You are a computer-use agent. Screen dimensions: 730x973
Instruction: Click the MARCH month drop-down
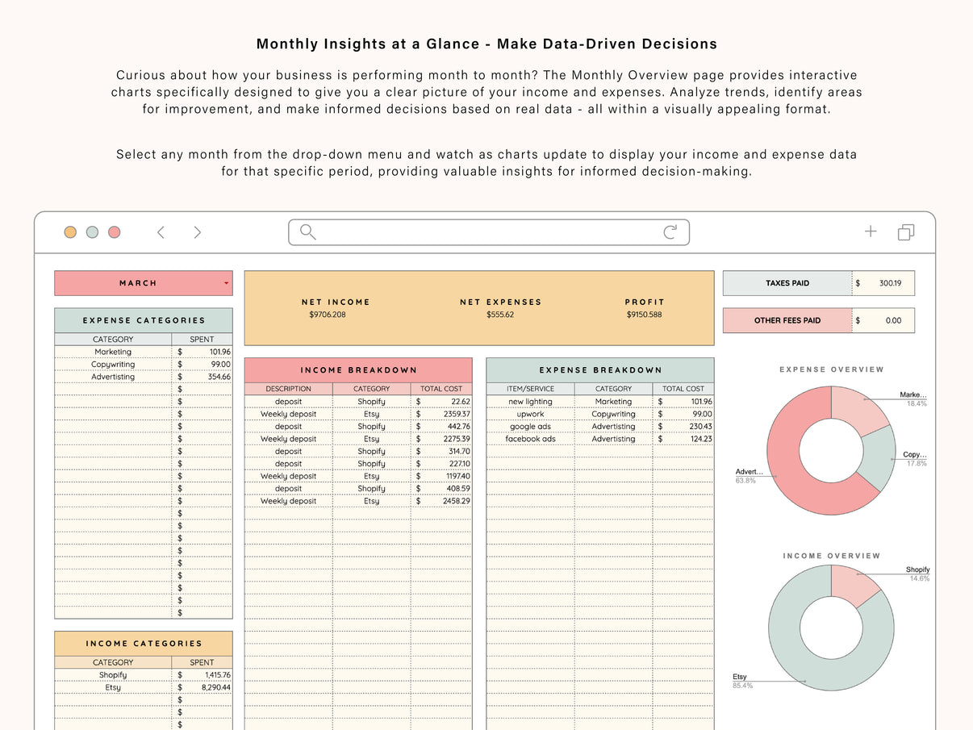pos(144,283)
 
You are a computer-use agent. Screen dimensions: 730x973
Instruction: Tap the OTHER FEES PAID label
pos(787,320)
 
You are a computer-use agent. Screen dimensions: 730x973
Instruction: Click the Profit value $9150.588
pos(644,315)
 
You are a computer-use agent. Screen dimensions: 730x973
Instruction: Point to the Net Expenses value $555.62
pos(500,315)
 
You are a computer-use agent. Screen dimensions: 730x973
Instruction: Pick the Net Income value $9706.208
pos(327,315)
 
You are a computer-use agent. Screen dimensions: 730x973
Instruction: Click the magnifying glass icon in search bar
pos(307,232)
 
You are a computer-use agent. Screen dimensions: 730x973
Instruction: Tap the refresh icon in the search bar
pos(670,232)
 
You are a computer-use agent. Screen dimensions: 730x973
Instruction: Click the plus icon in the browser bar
pos(871,232)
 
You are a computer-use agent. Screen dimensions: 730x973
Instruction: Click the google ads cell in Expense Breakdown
pos(530,427)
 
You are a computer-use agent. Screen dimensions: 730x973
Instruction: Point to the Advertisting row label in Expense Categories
pos(113,377)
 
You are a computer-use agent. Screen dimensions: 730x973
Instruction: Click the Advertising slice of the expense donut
pos(795,468)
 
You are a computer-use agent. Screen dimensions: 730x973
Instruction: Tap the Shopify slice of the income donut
pos(853,584)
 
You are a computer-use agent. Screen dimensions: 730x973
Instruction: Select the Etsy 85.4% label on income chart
pos(741,681)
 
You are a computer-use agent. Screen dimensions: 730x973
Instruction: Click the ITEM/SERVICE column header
pos(530,389)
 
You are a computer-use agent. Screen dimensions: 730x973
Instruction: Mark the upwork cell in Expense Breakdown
pos(530,414)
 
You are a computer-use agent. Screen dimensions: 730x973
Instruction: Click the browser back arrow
pos(161,232)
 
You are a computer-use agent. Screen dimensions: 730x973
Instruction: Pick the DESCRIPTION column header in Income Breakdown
pos(288,389)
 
